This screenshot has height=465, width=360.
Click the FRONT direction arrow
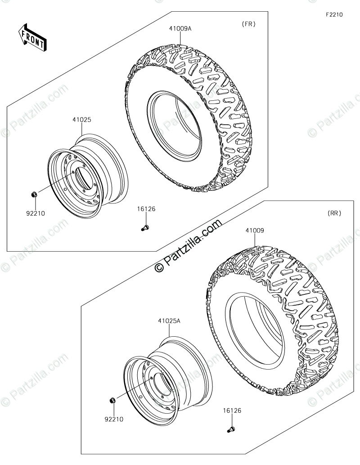32,37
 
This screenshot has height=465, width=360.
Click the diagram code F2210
334,14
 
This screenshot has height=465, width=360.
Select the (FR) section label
248,24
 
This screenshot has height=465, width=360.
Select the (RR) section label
334,213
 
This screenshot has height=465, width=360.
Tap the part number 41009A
180,29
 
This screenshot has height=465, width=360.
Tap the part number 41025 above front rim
82,120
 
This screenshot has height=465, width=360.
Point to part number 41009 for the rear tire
255,230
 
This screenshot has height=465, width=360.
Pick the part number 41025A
169,321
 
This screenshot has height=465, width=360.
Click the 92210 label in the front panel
36,213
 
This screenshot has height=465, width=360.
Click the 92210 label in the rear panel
114,420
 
